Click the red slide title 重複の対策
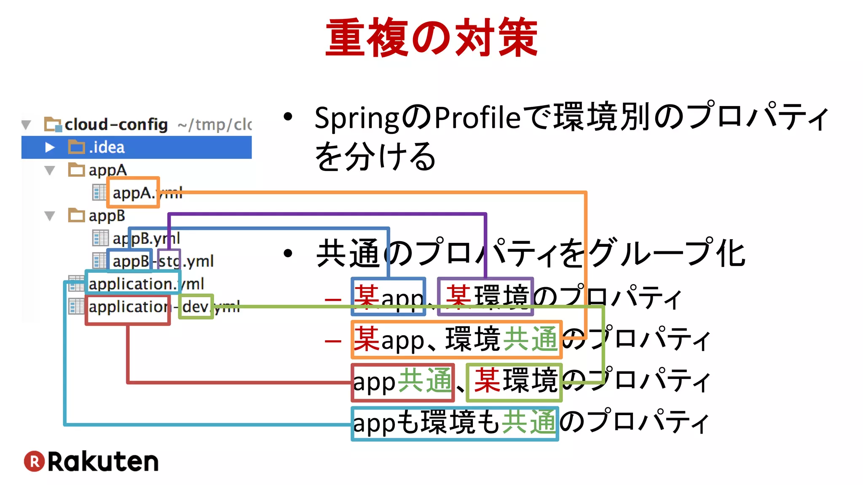pyautogui.click(x=431, y=38)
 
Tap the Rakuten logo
pyautogui.click(x=91, y=461)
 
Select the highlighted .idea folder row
pyautogui.click(x=137, y=147)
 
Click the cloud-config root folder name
pyautogui.click(x=116, y=125)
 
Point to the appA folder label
pyautogui.click(x=107, y=170)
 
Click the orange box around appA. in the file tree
pyautogui.click(x=133, y=192)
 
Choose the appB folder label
pyautogui.click(x=107, y=216)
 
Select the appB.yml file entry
pyautogui.click(x=146, y=238)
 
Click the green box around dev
pyautogui.click(x=196, y=306)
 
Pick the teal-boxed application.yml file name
pyautogui.click(x=133, y=283)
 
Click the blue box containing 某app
pyautogui.click(x=388, y=296)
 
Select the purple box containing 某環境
pyautogui.click(x=485, y=296)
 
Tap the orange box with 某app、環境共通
pyautogui.click(x=456, y=339)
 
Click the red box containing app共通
pyautogui.click(x=403, y=382)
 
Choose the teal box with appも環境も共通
pyautogui.click(x=455, y=423)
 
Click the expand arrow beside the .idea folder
pyautogui.click(x=50, y=147)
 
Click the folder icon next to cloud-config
pyautogui.click(x=53, y=125)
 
